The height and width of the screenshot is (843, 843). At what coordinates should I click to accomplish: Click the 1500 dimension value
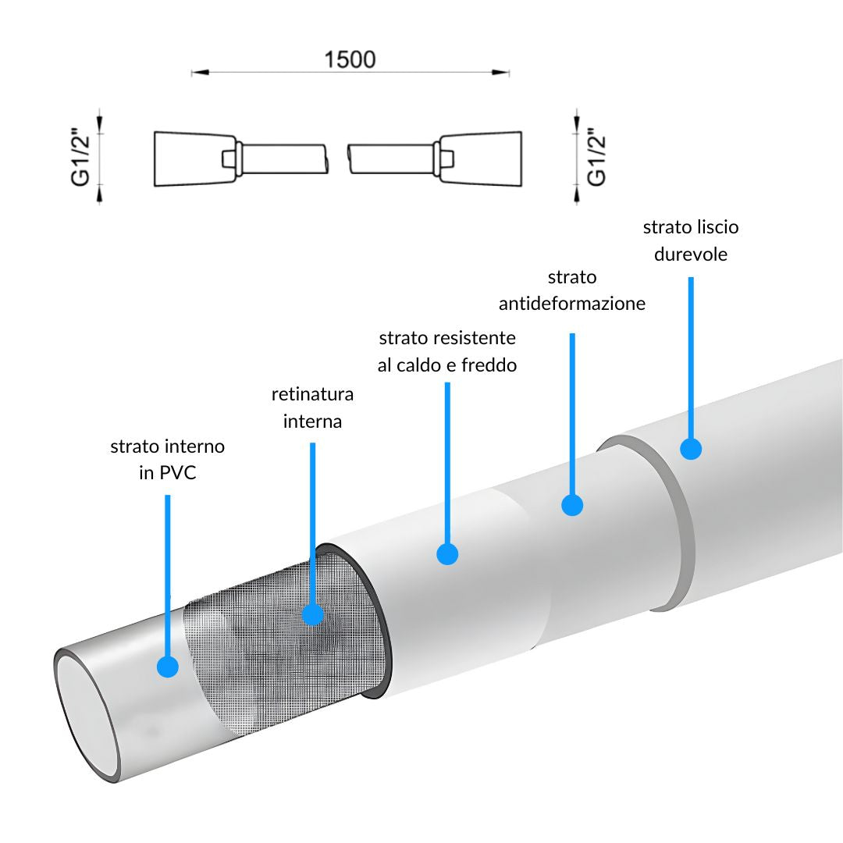[350, 59]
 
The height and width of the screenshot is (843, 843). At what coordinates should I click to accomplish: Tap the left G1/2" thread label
[80, 157]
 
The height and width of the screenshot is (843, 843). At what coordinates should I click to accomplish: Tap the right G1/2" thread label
[596, 157]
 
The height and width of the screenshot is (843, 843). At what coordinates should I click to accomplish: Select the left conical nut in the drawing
[194, 158]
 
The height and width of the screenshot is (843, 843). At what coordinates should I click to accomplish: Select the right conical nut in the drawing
[481, 158]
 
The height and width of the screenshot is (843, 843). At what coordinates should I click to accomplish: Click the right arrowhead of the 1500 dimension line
[500, 72]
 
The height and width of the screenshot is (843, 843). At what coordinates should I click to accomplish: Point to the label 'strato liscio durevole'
[691, 240]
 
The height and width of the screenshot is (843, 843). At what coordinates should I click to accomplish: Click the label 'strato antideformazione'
[572, 290]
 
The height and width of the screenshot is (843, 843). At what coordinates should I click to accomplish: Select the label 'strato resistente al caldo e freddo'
[447, 351]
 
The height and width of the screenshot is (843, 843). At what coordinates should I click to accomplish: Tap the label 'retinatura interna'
[312, 407]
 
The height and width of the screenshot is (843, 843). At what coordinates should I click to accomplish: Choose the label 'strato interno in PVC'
[168, 459]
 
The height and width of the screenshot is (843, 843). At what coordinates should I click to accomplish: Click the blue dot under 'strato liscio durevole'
[691, 448]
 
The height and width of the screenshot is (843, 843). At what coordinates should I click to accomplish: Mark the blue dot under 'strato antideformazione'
[572, 505]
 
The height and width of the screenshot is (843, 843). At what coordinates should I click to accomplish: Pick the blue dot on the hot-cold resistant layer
[447, 553]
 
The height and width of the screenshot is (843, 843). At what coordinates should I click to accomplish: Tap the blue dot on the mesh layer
[312, 614]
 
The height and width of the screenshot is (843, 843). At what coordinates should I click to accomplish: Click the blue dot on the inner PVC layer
[168, 667]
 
